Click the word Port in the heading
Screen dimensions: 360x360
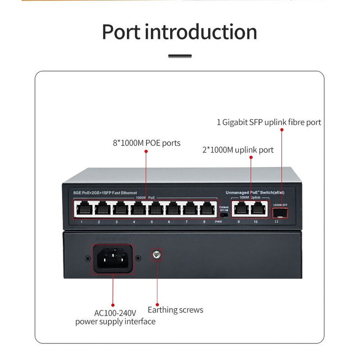pyautogui.click(x=121, y=32)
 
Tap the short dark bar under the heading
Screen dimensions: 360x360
pyautogui.click(x=180, y=56)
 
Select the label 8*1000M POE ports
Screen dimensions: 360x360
pyautogui.click(x=146, y=143)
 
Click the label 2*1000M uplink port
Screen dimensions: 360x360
pyautogui.click(x=238, y=150)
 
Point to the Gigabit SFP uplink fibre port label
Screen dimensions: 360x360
pyautogui.click(x=269, y=122)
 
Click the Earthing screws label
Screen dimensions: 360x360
pyautogui.click(x=175, y=310)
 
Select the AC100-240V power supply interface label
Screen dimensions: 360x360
pyautogui.click(x=115, y=317)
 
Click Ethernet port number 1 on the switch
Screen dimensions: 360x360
pyautogui.click(x=83, y=209)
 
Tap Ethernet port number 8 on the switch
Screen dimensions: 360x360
pyautogui.click(x=207, y=209)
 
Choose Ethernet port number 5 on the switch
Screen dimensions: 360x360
pyautogui.click(x=154, y=209)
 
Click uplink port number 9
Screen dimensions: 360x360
pyautogui.click(x=240, y=209)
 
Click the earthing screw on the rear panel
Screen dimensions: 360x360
pyautogui.click(x=157, y=256)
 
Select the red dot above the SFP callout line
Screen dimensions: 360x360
pyautogui.click(x=282, y=130)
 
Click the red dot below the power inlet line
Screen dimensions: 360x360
pyautogui.click(x=112, y=305)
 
